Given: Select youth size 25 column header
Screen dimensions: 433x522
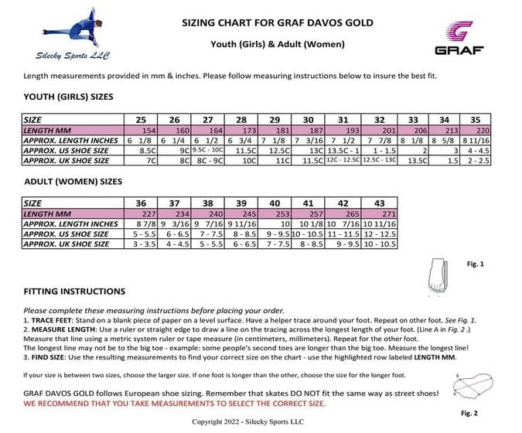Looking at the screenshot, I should tap(141, 120).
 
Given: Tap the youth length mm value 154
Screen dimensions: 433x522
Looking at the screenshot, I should tap(146, 130).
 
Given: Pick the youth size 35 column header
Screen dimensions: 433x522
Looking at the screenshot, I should tap(475, 120).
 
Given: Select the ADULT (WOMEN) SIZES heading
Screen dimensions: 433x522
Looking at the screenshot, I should tap(73, 182).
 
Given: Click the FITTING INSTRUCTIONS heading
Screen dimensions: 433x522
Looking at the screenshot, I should tap(74, 292).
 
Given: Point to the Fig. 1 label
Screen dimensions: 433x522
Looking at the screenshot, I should tap(476, 264).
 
